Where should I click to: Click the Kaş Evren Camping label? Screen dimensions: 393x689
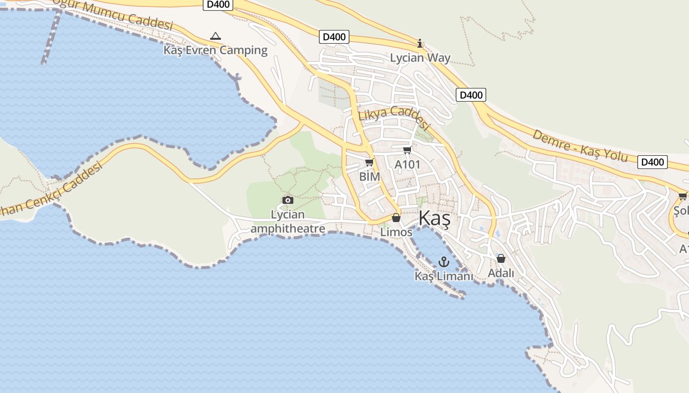(x=216, y=50)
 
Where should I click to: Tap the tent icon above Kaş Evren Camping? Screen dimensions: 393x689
(x=215, y=36)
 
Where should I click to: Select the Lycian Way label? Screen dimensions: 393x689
(x=420, y=57)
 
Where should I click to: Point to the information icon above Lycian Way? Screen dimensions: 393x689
(x=420, y=44)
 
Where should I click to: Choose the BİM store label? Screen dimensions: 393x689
(x=370, y=176)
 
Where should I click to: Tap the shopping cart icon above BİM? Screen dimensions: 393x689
(x=370, y=163)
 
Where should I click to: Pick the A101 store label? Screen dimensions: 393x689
(x=407, y=164)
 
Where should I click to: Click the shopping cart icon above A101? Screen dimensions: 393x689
(x=407, y=150)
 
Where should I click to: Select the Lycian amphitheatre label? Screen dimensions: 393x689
(x=288, y=222)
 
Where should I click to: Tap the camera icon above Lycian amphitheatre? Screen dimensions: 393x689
(x=288, y=200)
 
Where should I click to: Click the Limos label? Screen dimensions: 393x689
(x=396, y=231)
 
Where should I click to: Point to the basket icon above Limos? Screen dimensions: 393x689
(x=396, y=218)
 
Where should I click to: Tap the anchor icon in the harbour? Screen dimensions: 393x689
(x=444, y=262)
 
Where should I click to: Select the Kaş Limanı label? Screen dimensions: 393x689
(x=443, y=276)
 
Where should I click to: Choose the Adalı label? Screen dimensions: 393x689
(x=501, y=273)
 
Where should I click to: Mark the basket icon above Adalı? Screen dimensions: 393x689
(x=501, y=258)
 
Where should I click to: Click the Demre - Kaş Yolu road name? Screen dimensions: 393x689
(x=581, y=145)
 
